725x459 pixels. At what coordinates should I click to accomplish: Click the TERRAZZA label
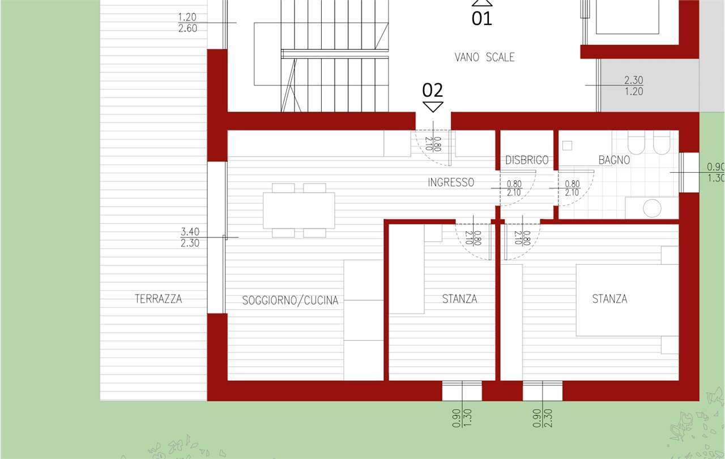(158, 299)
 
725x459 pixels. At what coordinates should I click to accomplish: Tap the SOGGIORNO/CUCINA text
(291, 300)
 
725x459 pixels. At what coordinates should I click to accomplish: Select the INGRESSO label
(451, 182)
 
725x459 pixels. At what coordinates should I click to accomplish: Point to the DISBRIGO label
(527, 160)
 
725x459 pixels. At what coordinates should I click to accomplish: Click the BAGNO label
(615, 160)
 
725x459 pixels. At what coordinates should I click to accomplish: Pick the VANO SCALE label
(484, 57)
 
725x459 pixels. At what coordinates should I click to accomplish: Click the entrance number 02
(432, 90)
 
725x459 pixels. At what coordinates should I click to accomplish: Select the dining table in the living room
(298, 210)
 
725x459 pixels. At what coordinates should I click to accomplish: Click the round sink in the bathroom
(652, 208)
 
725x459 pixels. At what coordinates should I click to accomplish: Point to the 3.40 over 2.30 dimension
(190, 237)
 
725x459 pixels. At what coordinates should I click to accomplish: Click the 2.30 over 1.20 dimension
(634, 86)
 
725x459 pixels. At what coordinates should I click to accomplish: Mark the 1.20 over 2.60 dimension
(187, 23)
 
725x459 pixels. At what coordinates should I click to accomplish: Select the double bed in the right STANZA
(627, 300)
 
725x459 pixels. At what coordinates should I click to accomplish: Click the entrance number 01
(481, 19)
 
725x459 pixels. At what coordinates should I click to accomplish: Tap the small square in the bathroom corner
(567, 146)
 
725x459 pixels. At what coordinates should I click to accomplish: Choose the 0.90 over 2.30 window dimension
(543, 418)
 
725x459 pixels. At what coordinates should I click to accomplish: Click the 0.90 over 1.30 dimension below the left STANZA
(462, 418)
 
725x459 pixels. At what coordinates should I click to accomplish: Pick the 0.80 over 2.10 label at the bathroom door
(572, 188)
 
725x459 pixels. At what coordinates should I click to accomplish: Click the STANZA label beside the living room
(459, 299)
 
